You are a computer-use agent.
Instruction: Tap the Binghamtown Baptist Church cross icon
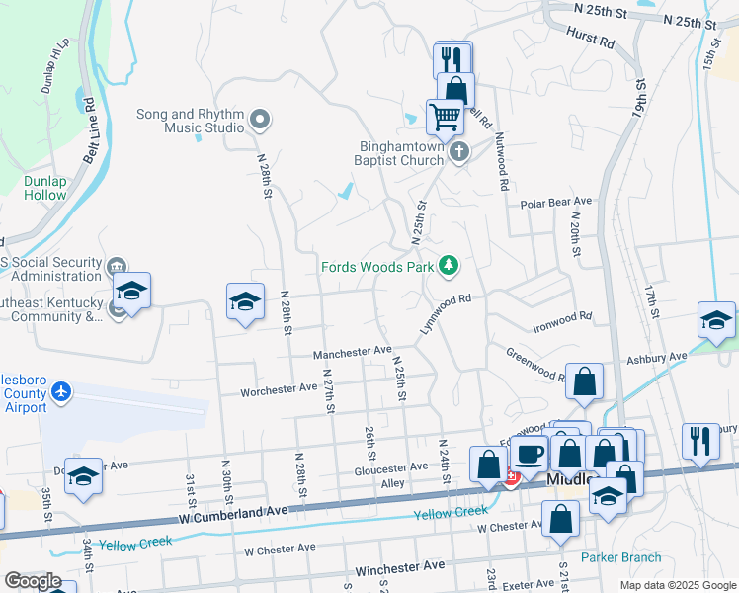click(458, 152)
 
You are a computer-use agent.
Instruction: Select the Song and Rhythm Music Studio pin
click(261, 121)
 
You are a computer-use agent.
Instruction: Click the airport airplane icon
click(63, 392)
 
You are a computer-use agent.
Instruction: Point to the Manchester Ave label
click(353, 352)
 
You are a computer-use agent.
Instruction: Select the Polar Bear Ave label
click(555, 203)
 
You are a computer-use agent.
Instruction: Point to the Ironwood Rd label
click(562, 317)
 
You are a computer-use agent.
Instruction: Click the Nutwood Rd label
click(502, 161)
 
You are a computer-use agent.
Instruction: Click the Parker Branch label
click(620, 557)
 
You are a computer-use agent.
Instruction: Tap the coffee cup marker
click(530, 452)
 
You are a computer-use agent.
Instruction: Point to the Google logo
click(33, 581)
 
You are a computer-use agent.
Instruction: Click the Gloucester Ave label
click(392, 466)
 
